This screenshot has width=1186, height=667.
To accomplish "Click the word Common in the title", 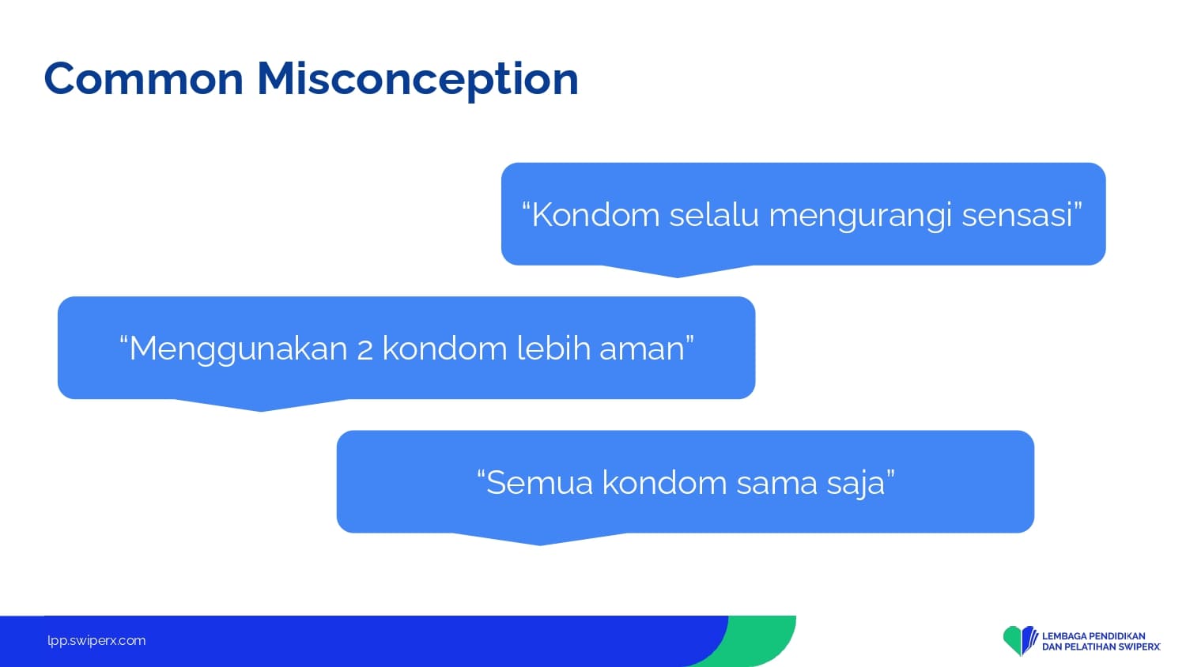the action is [144, 79].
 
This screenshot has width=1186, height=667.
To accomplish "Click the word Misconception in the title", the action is [417, 80].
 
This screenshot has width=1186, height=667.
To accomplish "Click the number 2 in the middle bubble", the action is [364, 350].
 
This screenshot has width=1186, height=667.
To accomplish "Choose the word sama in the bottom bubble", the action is [776, 484].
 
